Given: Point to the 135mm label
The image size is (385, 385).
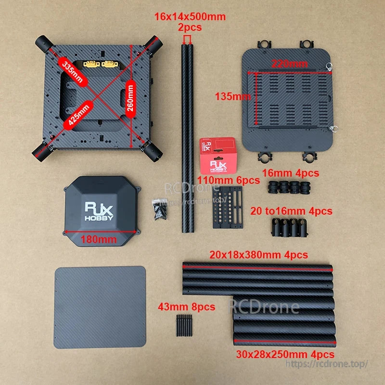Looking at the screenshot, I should (232, 97).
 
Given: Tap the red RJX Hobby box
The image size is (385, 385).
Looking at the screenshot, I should (218, 155).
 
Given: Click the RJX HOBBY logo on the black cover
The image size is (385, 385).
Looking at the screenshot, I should (100, 211).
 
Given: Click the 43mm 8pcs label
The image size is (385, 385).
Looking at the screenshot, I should (187, 306).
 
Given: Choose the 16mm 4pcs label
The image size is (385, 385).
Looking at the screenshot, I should (290, 172).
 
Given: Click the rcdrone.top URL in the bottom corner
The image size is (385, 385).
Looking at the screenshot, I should (327, 364).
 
